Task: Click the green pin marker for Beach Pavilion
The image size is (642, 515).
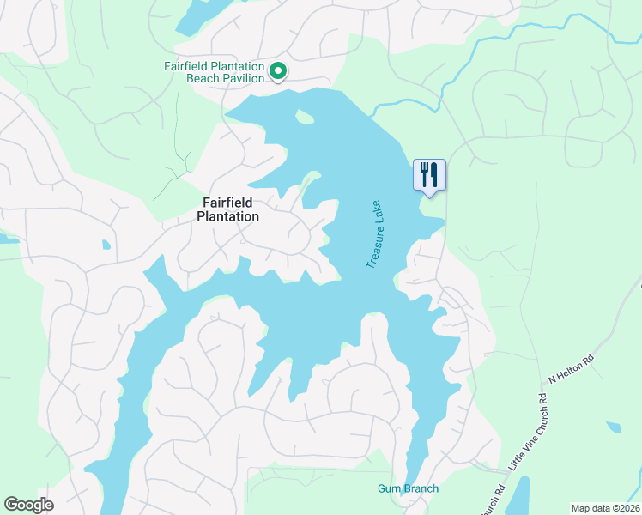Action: [277, 72]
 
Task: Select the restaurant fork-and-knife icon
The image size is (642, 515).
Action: [428, 175]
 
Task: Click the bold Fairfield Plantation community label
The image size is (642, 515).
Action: [227, 209]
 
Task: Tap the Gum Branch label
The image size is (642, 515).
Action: [408, 489]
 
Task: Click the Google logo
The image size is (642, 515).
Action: [28, 504]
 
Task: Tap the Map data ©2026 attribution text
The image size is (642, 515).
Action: [605, 507]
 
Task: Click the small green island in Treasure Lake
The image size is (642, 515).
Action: [304, 118]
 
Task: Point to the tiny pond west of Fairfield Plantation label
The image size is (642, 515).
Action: [106, 245]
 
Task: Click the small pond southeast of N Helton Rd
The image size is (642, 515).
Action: [613, 427]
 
